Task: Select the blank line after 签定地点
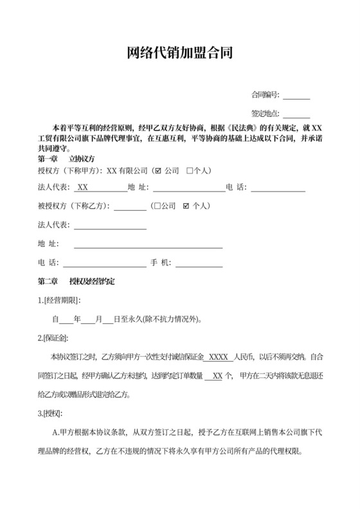click(x=296, y=114)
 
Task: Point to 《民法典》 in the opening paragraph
click(x=224, y=127)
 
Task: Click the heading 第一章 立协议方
click(x=67, y=158)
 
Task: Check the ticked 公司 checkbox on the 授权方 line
click(x=158, y=172)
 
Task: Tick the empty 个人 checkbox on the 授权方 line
click(x=190, y=172)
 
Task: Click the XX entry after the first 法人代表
click(x=83, y=188)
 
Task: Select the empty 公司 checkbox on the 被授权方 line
click(x=157, y=207)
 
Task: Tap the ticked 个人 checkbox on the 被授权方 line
click(x=186, y=207)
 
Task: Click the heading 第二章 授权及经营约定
click(x=77, y=281)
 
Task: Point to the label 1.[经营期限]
click(x=60, y=300)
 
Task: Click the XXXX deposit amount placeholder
click(x=220, y=357)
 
